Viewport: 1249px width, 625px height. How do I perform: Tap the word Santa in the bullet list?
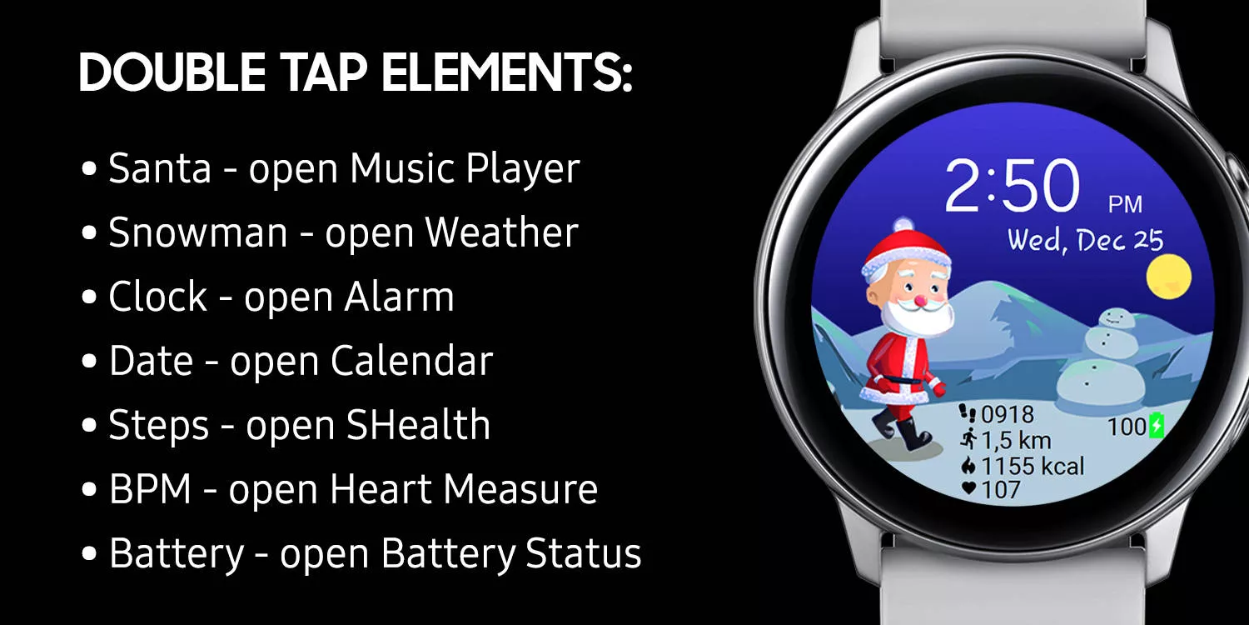pos(160,168)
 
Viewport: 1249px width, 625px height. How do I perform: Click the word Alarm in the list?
pos(399,297)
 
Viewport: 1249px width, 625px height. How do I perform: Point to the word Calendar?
pos(411,361)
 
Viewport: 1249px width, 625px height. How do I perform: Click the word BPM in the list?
pos(150,489)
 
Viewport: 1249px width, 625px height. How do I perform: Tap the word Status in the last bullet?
pos(583,553)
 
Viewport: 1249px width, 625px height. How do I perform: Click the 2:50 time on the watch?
pos(1012,186)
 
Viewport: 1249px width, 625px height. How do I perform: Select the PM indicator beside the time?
pos(1125,204)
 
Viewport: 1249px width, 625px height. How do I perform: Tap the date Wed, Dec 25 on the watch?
pos(1085,241)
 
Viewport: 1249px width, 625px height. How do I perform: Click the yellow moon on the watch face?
pos(1169,276)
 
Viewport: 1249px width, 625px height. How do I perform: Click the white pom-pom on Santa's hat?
pos(903,224)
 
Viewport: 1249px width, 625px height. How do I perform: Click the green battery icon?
pos(1157,426)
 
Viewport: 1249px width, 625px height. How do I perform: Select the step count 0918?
pos(1007,415)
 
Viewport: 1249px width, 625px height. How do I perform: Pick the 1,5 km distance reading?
pos(1015,440)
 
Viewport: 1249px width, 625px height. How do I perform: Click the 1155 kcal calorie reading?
pos(1033,466)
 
